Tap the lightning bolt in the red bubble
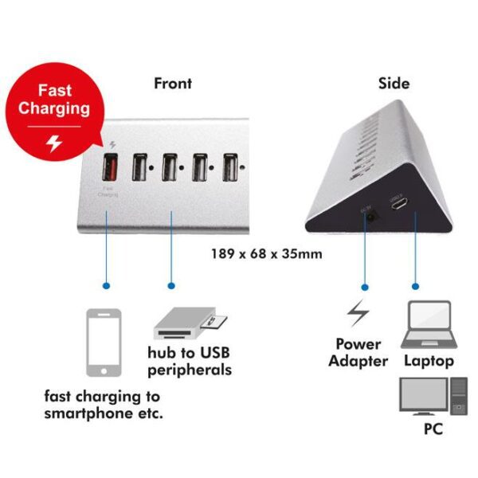tap(53, 143)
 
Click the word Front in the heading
tap(173, 83)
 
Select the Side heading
tap(394, 83)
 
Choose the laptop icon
tap(429, 326)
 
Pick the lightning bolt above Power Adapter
tap(358, 315)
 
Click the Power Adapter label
tap(359, 352)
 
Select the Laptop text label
tap(429, 361)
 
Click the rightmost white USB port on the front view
tap(231, 167)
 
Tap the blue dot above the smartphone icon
tap(107, 284)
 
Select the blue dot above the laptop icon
tap(415, 284)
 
